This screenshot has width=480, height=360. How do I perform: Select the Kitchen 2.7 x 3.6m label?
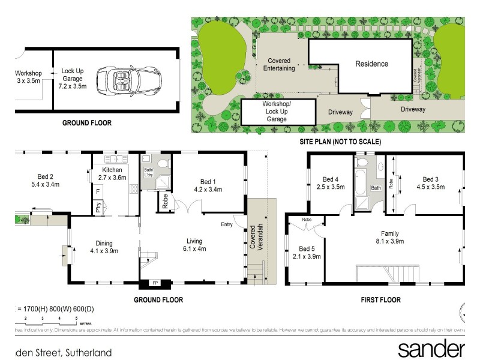[112, 173]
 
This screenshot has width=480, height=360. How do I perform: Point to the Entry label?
[227, 225]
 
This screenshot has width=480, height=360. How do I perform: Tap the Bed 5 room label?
[306, 253]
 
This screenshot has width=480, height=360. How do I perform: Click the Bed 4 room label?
[331, 183]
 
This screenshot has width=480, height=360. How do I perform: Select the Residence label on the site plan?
[371, 64]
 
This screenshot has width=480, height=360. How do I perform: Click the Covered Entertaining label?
[280, 64]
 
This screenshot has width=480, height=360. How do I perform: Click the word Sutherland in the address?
[88, 353]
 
